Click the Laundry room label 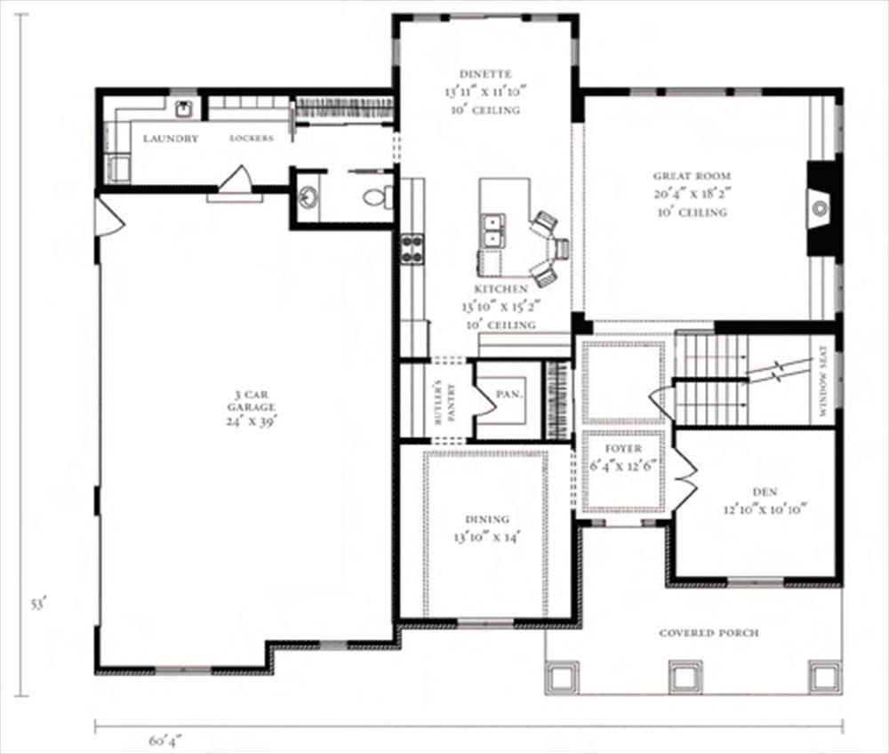(171, 139)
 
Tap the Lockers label (252, 139)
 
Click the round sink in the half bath (308, 197)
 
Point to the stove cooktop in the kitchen (412, 250)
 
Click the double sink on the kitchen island (493, 231)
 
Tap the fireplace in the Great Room (821, 209)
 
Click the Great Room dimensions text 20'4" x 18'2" (693, 194)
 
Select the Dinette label (485, 74)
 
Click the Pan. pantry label (509, 393)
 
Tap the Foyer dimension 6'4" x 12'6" (623, 467)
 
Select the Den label (765, 492)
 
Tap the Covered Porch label (709, 633)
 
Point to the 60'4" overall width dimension (165, 741)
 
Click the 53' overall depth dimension (37, 605)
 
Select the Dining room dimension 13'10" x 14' (487, 536)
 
